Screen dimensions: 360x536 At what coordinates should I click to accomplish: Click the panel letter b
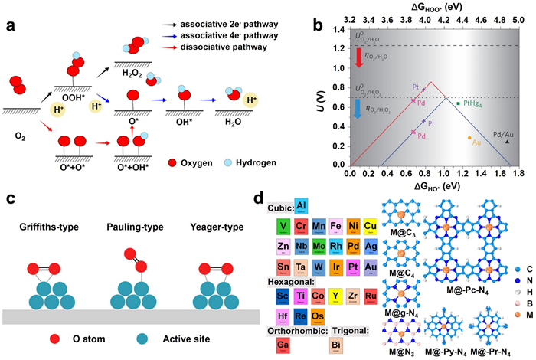pos(318,22)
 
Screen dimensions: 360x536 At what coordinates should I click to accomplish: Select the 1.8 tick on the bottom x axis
pos(524,175)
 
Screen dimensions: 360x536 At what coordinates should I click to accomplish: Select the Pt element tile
pos(354,266)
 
